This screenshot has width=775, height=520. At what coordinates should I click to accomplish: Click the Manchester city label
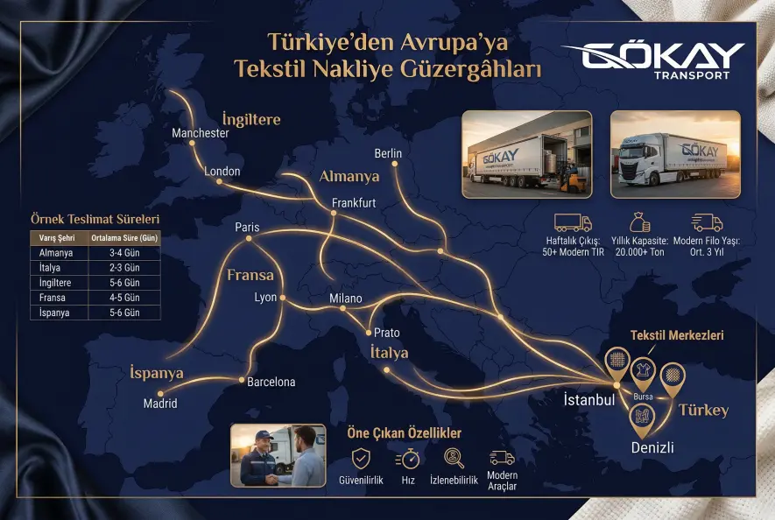tap(201, 133)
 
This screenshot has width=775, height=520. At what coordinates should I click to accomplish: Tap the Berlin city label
tap(388, 153)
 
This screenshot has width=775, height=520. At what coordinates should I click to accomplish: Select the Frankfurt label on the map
tap(354, 203)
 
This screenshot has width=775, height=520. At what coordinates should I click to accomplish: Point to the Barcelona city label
tap(271, 382)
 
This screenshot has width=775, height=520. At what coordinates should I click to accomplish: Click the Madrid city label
tap(160, 404)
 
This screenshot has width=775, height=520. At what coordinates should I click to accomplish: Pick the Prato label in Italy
tap(386, 333)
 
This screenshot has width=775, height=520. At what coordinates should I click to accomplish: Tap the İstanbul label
tap(588, 400)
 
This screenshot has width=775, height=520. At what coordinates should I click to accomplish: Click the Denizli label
tap(652, 447)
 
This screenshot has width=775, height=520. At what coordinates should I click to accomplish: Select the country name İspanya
tap(157, 373)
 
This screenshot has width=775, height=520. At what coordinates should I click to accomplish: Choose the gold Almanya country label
tap(349, 177)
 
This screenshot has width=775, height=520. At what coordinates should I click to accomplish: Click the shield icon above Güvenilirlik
tap(361, 458)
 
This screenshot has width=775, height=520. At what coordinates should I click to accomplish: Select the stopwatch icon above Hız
tap(407, 458)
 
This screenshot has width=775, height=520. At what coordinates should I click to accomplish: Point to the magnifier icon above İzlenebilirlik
tap(454, 458)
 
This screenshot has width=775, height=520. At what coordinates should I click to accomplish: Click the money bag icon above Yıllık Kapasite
tap(639, 221)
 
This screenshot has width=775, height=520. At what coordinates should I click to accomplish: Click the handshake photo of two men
tap(278, 455)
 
